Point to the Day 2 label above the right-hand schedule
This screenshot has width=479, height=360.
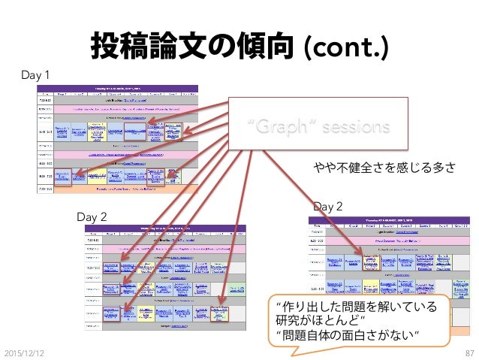pyautogui.click(x=327, y=205)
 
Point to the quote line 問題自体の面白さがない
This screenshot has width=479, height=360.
pyautogui.click(x=347, y=334)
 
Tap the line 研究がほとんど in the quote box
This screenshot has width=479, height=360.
pyautogui.click(x=321, y=319)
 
